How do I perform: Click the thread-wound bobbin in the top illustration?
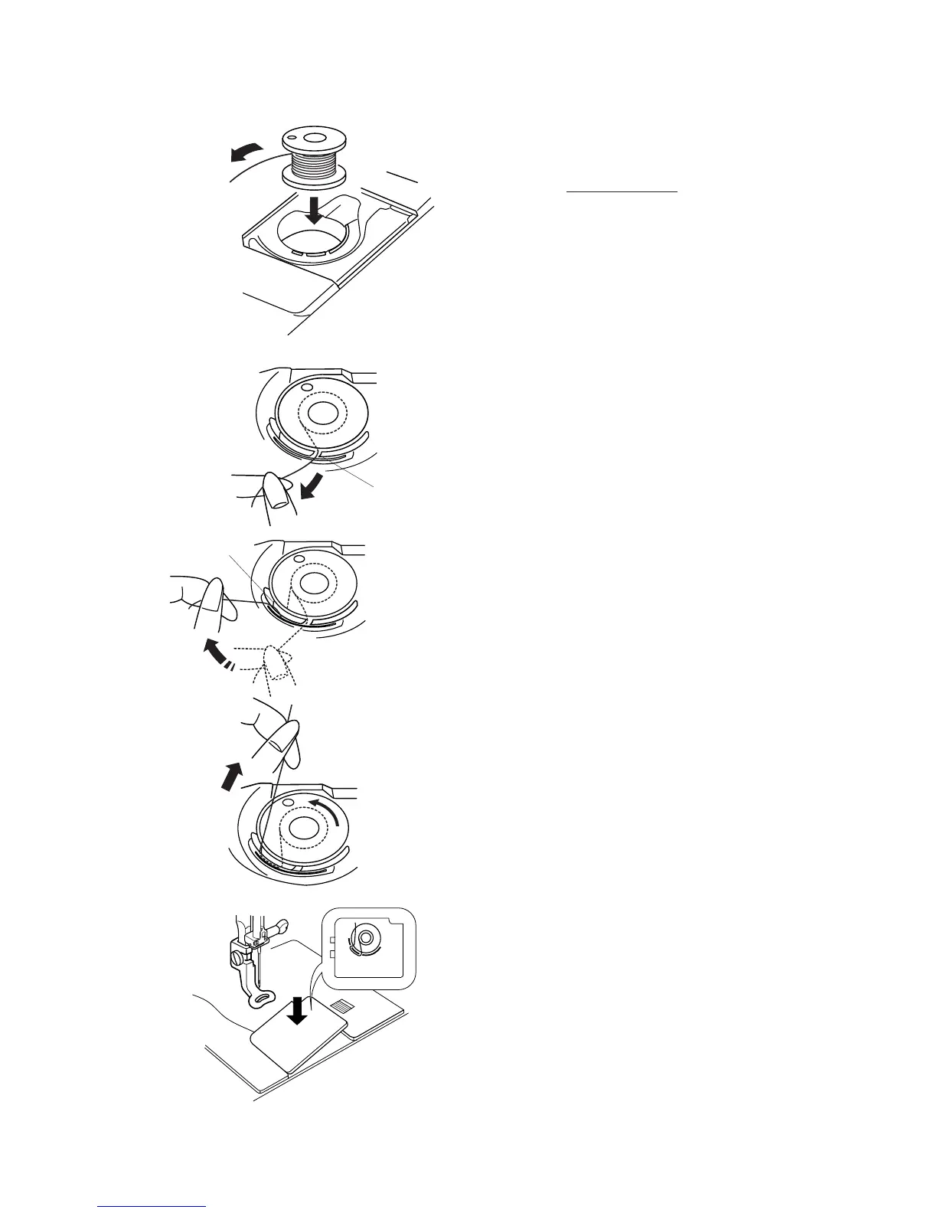tap(313, 157)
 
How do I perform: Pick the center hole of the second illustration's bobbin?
tap(319, 414)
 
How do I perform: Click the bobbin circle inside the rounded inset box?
tap(366, 937)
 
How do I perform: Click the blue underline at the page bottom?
tap(152, 1205)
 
